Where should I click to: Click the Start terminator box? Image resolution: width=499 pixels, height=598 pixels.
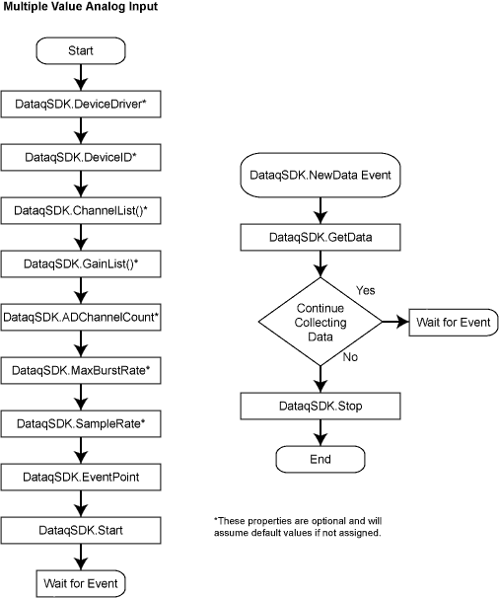pos(81,50)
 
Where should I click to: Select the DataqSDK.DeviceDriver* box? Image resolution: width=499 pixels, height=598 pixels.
pos(81,105)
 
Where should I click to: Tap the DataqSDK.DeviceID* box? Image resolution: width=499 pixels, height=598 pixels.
pos(81,157)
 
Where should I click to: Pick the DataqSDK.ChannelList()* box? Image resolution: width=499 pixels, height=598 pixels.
pos(81,210)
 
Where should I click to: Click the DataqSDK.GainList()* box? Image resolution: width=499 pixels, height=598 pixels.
pos(81,263)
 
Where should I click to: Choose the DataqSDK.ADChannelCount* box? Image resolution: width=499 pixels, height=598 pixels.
pos(81,318)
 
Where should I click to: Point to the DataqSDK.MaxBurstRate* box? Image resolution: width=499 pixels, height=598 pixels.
pos(81,370)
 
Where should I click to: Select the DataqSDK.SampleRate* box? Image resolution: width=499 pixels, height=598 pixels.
pos(81,423)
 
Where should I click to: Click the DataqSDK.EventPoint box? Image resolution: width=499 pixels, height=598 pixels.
pos(81,477)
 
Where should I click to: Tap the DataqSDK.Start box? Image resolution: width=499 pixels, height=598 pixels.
pos(81,531)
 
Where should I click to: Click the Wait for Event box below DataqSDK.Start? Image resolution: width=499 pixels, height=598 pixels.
pos(81,583)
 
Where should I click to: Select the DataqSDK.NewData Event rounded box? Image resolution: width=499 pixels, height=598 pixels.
pos(321,175)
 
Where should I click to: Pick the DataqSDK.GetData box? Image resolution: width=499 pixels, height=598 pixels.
pos(321,237)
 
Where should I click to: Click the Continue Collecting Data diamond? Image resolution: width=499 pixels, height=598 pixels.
pos(321,322)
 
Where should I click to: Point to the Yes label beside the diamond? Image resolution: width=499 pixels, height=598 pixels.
pos(366,290)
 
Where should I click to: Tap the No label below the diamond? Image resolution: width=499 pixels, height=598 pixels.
pos(350,357)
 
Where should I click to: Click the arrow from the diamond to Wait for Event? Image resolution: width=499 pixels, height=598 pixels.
pos(395,322)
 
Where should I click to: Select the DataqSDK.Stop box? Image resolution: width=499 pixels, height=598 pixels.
pos(321,407)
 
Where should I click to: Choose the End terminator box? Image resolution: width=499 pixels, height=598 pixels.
pos(321,459)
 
